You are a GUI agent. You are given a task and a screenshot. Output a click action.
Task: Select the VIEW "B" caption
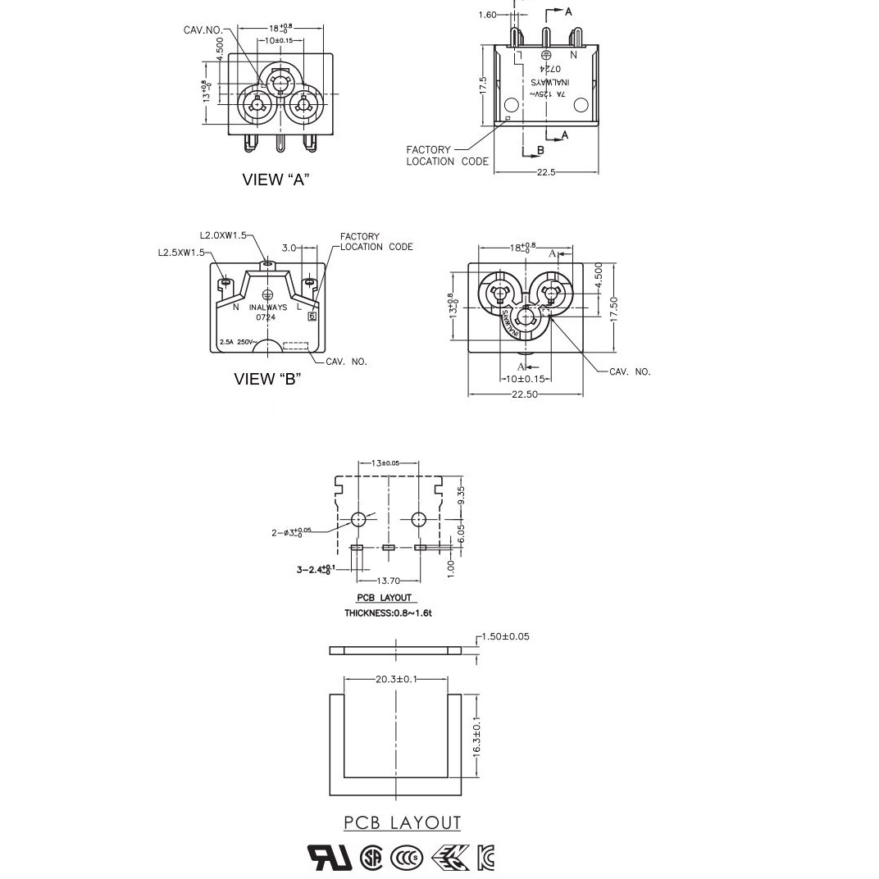tap(267, 379)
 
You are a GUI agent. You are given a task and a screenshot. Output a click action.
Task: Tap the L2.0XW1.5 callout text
tap(222, 235)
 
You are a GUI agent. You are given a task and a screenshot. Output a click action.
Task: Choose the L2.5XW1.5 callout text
tap(181, 253)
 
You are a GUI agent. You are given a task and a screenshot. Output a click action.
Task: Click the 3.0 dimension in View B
tap(289, 248)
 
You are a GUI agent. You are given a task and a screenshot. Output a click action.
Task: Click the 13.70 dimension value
tap(389, 581)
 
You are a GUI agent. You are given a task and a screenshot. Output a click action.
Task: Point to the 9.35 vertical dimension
tap(461, 495)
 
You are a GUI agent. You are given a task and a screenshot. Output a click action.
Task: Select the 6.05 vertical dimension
tap(461, 533)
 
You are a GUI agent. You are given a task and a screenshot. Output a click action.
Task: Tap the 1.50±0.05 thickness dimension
tap(505, 636)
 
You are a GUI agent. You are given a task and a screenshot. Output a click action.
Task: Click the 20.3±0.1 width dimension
tap(397, 679)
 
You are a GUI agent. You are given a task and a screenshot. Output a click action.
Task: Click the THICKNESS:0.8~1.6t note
tap(388, 613)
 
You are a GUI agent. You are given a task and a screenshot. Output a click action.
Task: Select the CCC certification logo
tap(406, 858)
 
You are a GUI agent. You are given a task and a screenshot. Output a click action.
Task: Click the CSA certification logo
tap(371, 858)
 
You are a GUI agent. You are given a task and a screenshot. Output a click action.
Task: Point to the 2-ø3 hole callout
tap(291, 532)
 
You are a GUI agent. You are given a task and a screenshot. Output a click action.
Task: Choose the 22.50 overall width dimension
tap(525, 394)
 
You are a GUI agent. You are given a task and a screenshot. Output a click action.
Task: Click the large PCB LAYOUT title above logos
tap(402, 822)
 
